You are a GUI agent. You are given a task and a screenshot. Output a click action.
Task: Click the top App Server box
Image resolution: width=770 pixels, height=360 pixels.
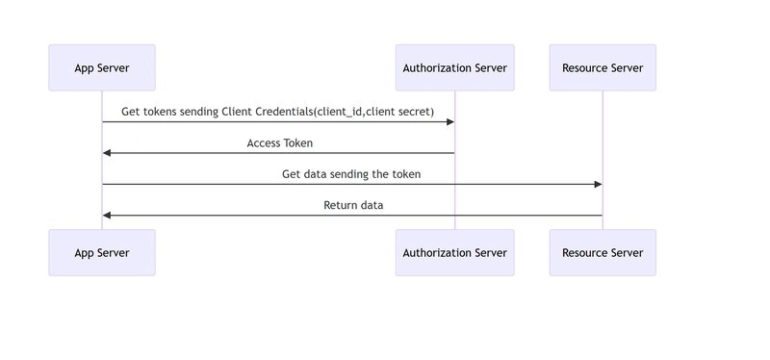[x=102, y=67]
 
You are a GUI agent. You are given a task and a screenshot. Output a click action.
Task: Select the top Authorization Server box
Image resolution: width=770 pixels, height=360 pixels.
[x=454, y=67]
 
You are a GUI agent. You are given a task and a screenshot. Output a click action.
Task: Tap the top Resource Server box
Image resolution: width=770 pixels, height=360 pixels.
[x=603, y=67]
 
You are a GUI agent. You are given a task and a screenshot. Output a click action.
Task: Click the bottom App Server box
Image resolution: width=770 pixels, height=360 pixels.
[x=102, y=252]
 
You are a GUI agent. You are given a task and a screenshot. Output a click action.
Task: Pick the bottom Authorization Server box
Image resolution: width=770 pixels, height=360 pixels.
[x=454, y=252]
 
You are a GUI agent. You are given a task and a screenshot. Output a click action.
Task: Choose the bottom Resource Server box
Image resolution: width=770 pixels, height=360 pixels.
[x=603, y=252]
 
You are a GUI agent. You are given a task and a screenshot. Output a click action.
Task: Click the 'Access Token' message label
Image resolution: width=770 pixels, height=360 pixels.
[x=279, y=142]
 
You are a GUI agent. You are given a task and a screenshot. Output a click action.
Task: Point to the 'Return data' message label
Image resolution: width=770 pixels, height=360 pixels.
[x=353, y=205]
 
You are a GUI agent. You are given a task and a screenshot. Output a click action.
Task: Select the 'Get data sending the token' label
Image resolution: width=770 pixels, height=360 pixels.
[x=351, y=174]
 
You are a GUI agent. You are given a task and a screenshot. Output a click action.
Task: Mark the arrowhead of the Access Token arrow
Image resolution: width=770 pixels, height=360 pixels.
[x=108, y=153]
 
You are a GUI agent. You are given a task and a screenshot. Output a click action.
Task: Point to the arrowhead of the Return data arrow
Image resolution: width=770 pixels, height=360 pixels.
[x=108, y=215]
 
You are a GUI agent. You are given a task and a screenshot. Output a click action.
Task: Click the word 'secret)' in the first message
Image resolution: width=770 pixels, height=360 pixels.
[x=415, y=112]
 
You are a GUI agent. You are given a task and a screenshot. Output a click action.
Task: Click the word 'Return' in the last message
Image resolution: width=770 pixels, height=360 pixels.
[x=340, y=205]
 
